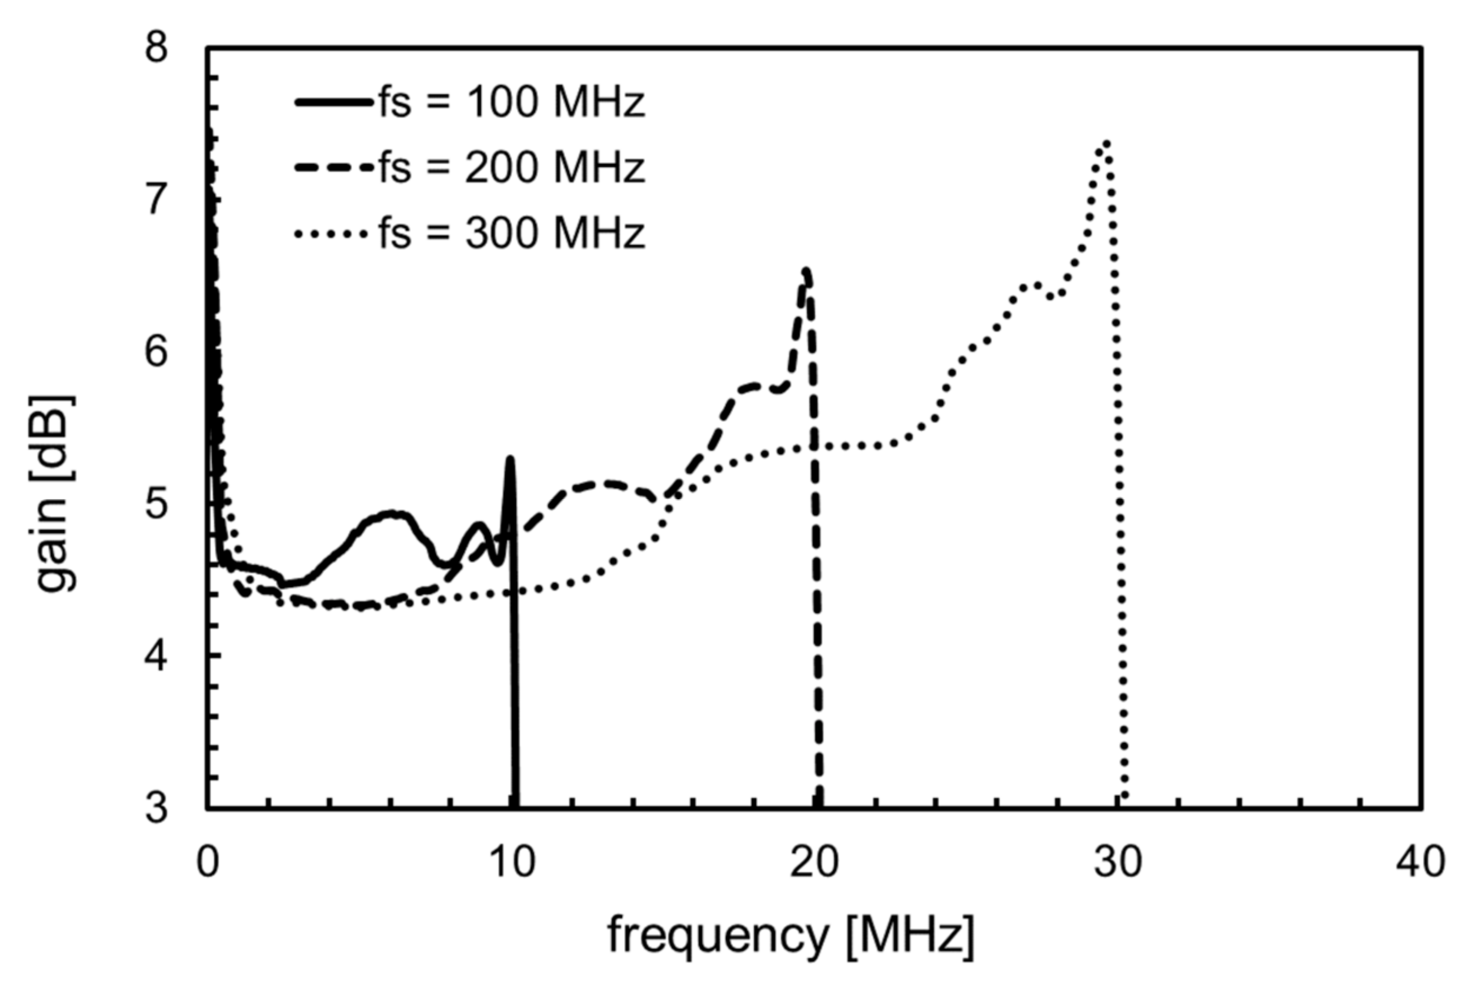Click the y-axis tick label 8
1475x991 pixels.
click(x=156, y=48)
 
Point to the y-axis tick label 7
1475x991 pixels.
click(x=156, y=199)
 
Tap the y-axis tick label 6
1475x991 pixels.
click(x=156, y=351)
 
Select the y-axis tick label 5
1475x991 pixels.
click(x=156, y=504)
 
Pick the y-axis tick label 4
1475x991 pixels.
click(x=156, y=656)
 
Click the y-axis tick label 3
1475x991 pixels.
click(x=156, y=808)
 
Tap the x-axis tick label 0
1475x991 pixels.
click(x=208, y=862)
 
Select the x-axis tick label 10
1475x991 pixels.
click(x=511, y=862)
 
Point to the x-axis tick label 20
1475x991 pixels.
click(x=815, y=862)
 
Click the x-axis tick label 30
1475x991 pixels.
click(x=1118, y=862)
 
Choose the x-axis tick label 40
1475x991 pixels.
click(x=1421, y=862)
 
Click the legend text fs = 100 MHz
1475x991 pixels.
click(x=512, y=102)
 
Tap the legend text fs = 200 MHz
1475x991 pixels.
click(x=512, y=168)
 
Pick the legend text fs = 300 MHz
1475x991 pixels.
click(x=512, y=233)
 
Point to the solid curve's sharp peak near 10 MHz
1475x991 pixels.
click(x=510, y=458)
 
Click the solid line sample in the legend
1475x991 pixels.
click(x=333, y=102)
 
